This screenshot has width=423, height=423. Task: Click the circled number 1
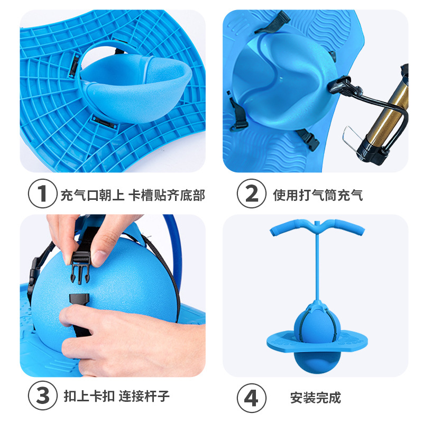coord(42,195)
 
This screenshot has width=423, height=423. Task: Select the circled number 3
coord(42,395)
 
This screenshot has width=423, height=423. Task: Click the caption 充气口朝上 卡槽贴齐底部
coord(132,195)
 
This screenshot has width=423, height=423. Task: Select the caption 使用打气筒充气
coord(318,195)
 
